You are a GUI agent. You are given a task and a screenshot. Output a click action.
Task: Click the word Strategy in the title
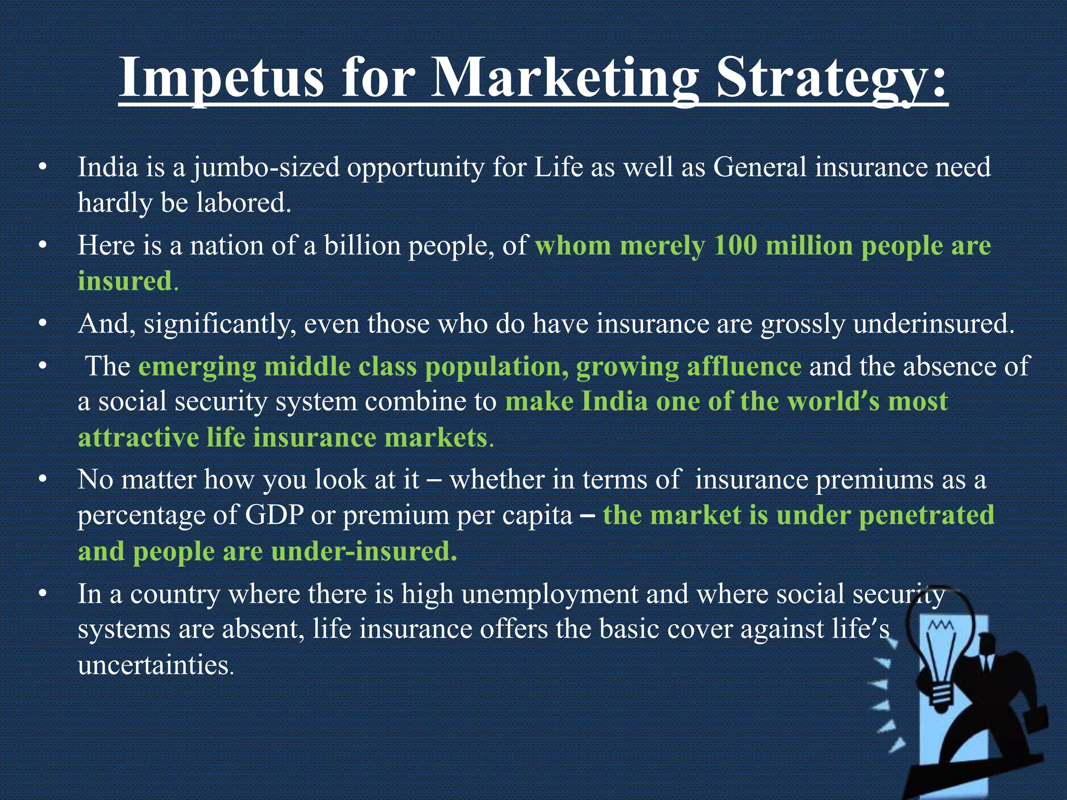coord(830,78)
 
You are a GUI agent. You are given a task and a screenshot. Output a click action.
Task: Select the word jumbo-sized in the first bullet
coord(266,168)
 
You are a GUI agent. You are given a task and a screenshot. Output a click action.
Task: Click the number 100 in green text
coord(735,245)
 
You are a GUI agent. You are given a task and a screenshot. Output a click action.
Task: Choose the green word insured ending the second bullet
coord(125,281)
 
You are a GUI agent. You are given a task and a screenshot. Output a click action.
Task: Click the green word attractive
coord(138,438)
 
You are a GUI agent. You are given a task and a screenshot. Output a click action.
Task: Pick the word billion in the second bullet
coord(363,245)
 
